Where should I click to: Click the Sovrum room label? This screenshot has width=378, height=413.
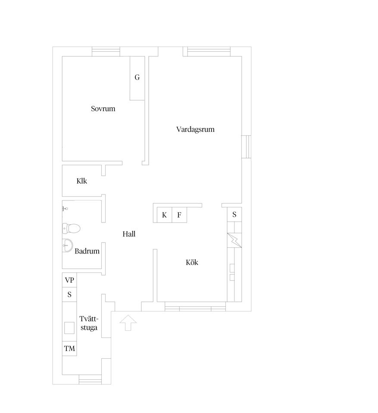pyautogui.click(x=103, y=109)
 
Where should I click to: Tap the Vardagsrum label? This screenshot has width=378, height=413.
pyautogui.click(x=195, y=129)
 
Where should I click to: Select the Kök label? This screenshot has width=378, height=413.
pyautogui.click(x=192, y=262)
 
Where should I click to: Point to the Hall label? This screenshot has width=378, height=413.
pyautogui.click(x=129, y=234)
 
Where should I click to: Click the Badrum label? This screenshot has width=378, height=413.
pyautogui.click(x=87, y=251)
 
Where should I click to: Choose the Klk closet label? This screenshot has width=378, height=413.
pyautogui.click(x=81, y=181)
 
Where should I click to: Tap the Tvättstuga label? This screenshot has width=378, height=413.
pyautogui.click(x=89, y=323)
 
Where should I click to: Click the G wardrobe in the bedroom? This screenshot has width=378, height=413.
pyautogui.click(x=137, y=78)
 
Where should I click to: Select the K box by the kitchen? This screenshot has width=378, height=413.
pyautogui.click(x=164, y=215)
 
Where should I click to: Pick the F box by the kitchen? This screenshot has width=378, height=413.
pyautogui.click(x=179, y=215)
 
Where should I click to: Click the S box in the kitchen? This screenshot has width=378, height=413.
pyautogui.click(x=234, y=214)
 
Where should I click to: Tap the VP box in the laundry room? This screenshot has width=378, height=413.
pyautogui.click(x=69, y=280)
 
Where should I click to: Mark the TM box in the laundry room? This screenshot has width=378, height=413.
pyautogui.click(x=69, y=349)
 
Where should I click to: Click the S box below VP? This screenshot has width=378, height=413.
pyautogui.click(x=69, y=294)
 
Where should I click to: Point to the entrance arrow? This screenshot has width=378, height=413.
pyautogui.click(x=128, y=322)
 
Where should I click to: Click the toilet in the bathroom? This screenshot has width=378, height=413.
pyautogui.click(x=71, y=228)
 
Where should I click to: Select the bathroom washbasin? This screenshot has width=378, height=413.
pyautogui.click(x=67, y=246)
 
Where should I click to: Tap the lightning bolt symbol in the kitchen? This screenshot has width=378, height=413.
pyautogui.click(x=234, y=241)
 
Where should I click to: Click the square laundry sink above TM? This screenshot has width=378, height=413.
pyautogui.click(x=69, y=328)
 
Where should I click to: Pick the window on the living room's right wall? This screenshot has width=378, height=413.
pyautogui.click(x=246, y=147)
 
